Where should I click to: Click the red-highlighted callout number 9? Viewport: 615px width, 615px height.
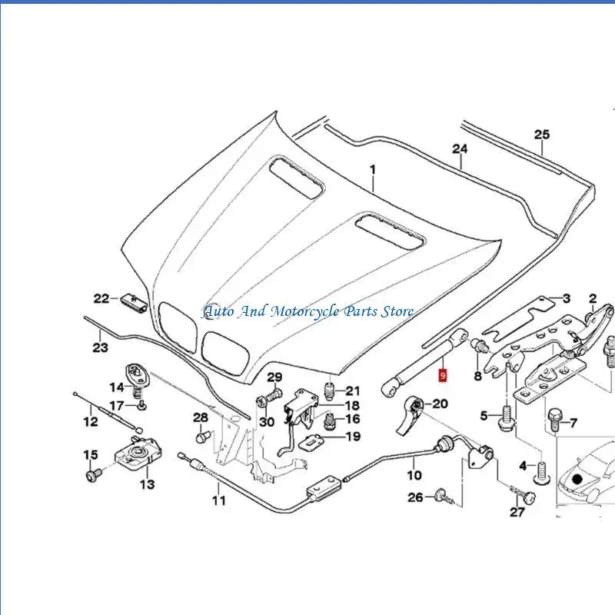click(441, 375)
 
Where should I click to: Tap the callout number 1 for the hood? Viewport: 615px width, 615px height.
click(373, 168)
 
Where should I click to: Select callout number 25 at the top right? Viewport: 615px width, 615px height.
click(542, 135)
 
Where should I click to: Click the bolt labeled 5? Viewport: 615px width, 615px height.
click(505, 417)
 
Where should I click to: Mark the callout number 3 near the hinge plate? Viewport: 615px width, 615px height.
click(565, 298)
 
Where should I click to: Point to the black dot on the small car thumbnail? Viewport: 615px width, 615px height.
click(577, 479)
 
